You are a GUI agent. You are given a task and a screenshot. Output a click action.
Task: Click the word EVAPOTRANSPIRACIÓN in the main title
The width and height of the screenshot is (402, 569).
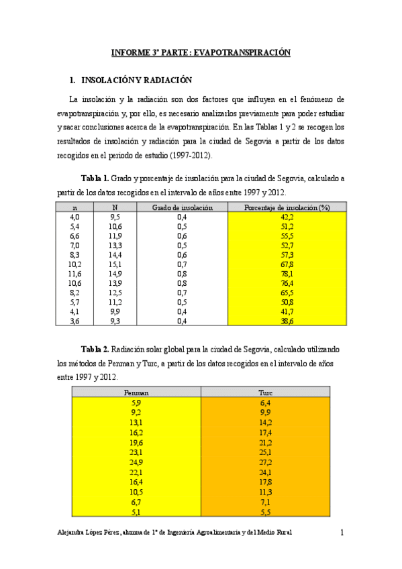click(x=247, y=52)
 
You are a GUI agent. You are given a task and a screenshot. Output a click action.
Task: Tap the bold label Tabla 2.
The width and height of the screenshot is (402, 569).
click(x=94, y=350)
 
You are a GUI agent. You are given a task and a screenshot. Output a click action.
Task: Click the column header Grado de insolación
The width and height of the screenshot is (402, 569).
click(x=182, y=208)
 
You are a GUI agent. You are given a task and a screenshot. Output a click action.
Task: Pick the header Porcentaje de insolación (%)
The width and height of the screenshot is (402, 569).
click(x=287, y=208)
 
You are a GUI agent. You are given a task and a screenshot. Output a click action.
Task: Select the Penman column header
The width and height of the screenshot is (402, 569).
click(x=136, y=393)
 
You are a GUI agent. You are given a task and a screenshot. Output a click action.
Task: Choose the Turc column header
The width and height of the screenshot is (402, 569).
click(x=265, y=393)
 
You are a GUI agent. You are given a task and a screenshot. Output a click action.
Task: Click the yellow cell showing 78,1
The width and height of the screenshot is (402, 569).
click(x=287, y=274)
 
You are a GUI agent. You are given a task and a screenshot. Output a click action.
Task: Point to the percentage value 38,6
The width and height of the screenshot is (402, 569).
click(x=287, y=321)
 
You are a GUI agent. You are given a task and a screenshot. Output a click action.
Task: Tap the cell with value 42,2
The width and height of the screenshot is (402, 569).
click(x=287, y=217)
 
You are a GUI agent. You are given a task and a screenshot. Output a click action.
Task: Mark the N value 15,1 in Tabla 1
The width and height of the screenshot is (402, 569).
click(x=115, y=264)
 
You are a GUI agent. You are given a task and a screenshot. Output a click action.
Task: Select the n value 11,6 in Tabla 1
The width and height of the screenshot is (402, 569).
click(x=75, y=274)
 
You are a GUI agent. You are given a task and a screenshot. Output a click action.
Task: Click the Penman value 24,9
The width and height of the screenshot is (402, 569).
click(x=136, y=463)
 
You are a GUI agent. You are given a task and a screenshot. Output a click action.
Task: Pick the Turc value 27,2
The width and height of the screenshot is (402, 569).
click(x=265, y=463)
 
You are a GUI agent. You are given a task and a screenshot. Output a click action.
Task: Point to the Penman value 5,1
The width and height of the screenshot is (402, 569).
click(x=136, y=512)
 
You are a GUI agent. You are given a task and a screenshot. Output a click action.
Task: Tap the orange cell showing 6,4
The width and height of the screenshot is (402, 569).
click(x=265, y=403)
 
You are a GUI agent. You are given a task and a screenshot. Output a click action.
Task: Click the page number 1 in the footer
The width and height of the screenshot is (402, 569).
click(x=342, y=533)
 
